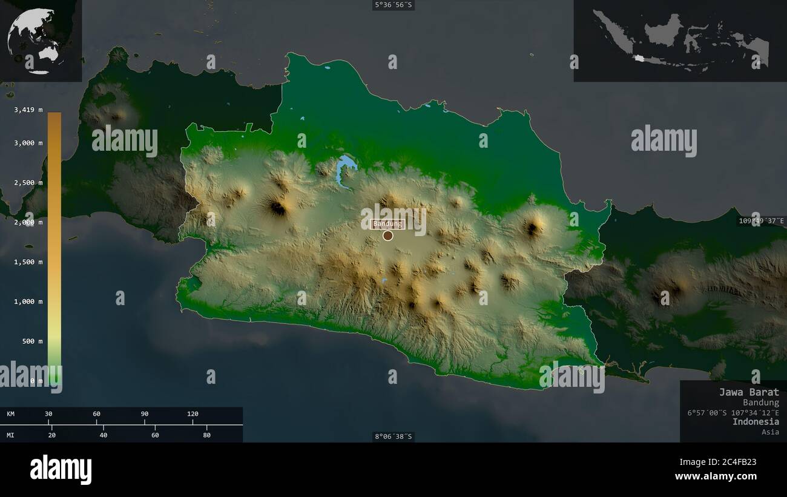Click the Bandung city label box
[387, 224]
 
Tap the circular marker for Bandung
[388, 235]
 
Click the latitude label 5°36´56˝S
[393, 5]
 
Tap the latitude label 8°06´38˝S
[393, 436]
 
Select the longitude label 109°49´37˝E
[761, 221]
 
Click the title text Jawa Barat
[749, 392]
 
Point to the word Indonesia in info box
[756, 421]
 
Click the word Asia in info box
[771, 432]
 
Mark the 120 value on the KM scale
[193, 414]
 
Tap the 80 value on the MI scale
[206, 435]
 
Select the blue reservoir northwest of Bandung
[345, 169]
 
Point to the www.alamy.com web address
[716, 476]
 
